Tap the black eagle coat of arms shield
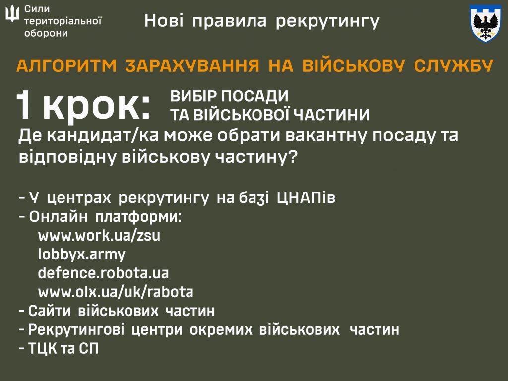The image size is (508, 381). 485,23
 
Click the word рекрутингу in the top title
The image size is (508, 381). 327,21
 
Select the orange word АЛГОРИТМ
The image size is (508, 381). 66,65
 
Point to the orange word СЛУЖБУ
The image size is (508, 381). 453,65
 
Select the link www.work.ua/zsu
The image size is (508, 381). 99,236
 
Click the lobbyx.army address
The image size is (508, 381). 81,254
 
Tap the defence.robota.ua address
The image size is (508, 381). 103,273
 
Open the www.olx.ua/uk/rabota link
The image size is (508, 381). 116,292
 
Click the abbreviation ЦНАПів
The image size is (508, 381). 306,197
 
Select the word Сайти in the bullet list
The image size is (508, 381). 50,311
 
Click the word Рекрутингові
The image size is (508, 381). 76,330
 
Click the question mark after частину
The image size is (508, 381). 293,157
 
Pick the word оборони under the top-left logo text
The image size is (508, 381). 46,33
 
